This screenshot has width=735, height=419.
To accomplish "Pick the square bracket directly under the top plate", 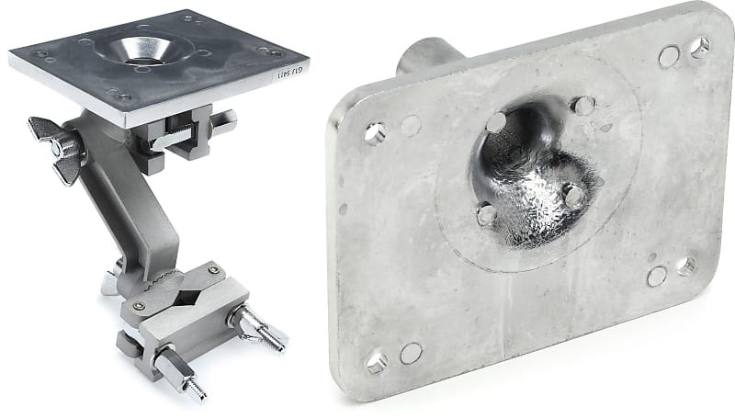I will click(x=179, y=138).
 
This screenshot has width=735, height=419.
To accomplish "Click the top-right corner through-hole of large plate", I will click(x=700, y=46).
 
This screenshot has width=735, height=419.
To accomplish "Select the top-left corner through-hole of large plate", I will click(x=374, y=132).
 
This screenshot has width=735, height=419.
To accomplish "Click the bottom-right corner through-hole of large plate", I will click(x=685, y=266).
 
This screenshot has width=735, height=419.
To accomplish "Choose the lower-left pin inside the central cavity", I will click(x=486, y=215).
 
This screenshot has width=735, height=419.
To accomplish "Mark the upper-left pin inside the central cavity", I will click(x=497, y=121).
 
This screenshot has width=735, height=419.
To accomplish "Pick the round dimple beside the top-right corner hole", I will click(x=670, y=56).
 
